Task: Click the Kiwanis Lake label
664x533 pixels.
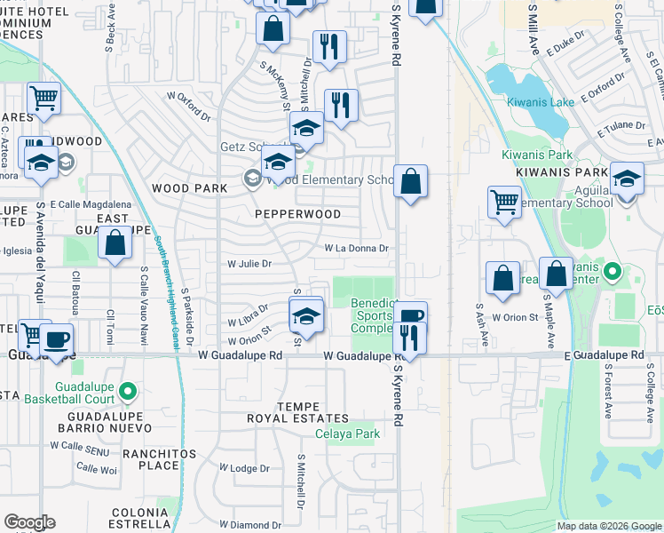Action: click(541, 101)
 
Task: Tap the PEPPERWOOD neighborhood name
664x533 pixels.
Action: click(297, 214)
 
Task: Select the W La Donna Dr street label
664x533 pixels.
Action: click(356, 249)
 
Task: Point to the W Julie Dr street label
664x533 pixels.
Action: click(249, 264)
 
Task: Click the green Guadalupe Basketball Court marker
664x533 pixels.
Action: click(128, 390)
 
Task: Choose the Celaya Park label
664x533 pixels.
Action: click(348, 434)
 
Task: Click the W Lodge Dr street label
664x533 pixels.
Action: click(244, 468)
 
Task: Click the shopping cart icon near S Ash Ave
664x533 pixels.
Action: click(504, 201)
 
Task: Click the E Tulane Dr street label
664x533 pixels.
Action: click(618, 131)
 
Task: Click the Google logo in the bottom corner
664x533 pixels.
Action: click(29, 522)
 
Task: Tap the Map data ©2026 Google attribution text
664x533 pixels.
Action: click(609, 526)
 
